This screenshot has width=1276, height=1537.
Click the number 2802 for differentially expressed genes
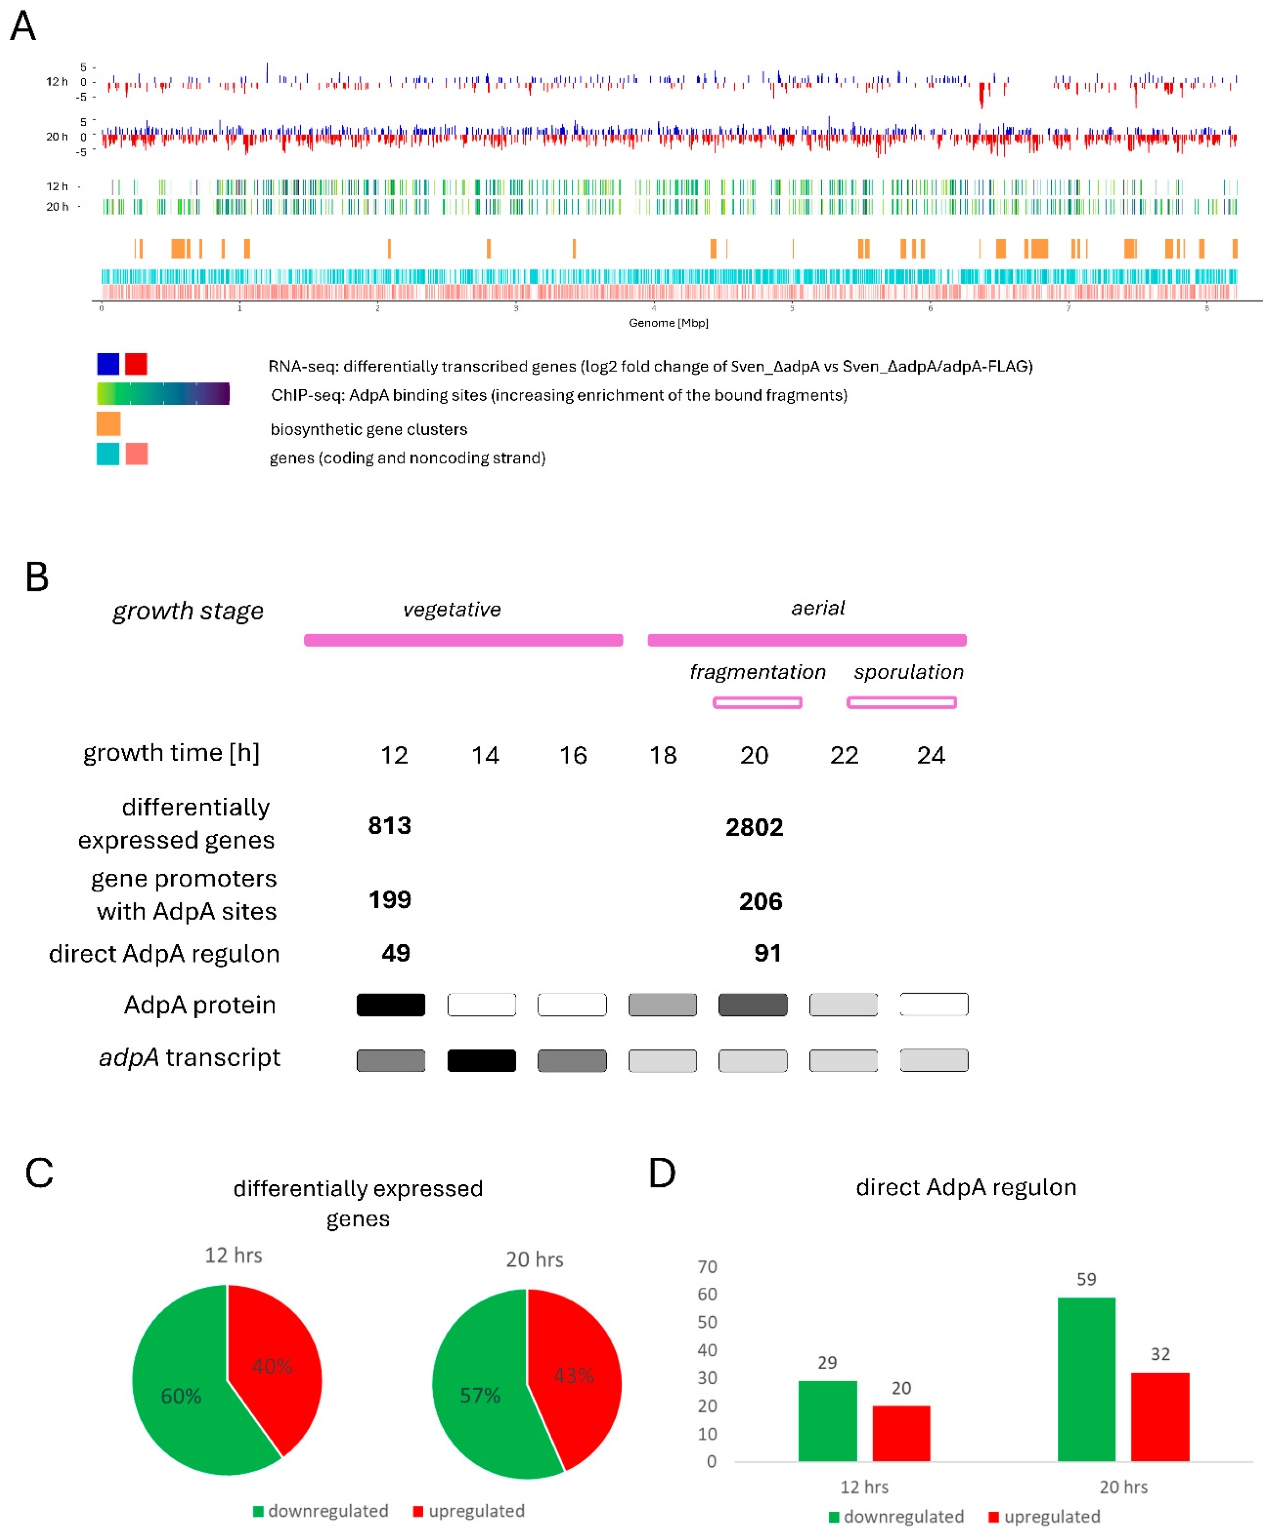[x=754, y=827]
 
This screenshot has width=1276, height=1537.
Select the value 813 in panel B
[x=389, y=826]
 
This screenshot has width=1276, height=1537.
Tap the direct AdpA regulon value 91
[x=767, y=953]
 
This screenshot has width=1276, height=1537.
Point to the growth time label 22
[x=844, y=755]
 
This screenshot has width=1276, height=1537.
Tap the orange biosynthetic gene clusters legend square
[x=108, y=424]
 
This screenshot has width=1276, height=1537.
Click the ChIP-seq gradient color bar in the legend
[x=162, y=394]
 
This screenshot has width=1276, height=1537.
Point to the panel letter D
[x=662, y=1172]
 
